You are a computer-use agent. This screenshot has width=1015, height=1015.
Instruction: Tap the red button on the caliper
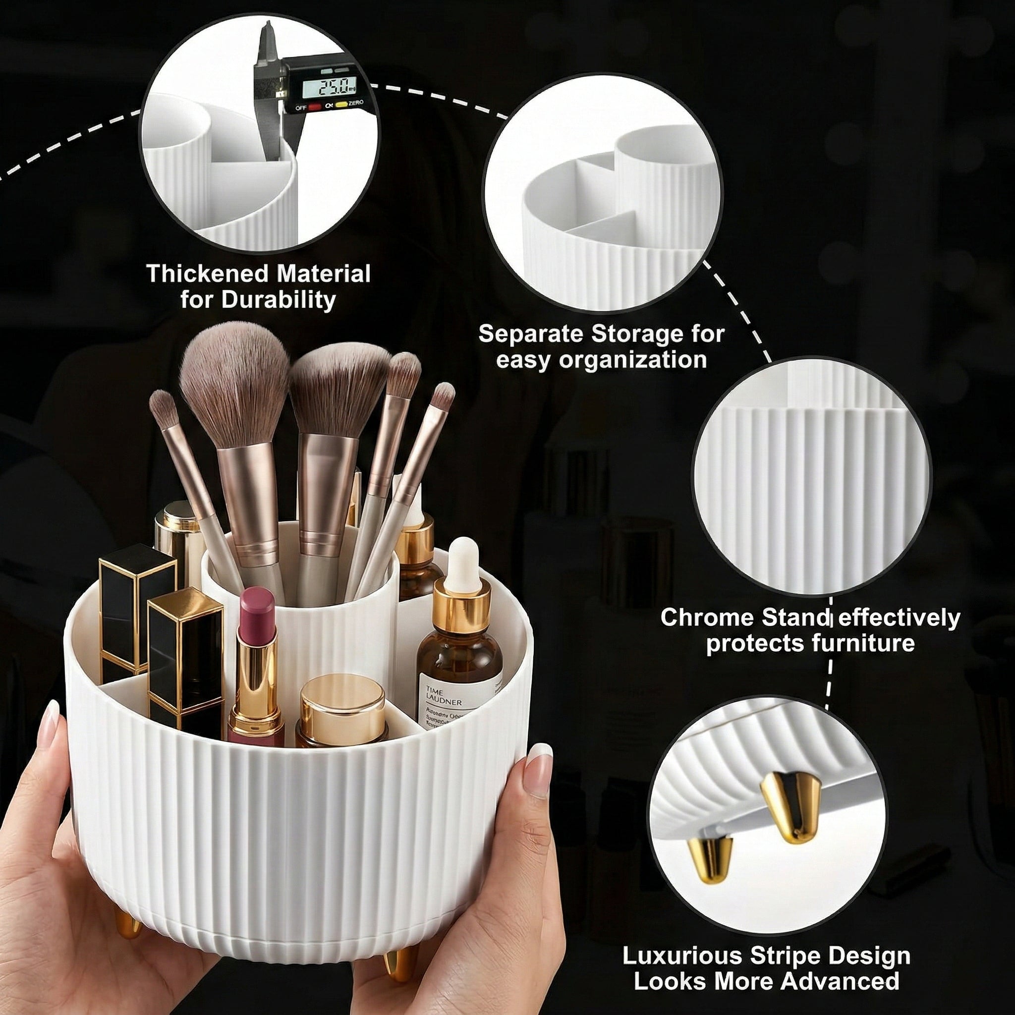tap(315, 107)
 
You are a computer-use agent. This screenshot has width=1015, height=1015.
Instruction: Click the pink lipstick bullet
tap(257, 612)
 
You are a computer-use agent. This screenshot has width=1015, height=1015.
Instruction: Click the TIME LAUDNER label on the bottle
tap(445, 697)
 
